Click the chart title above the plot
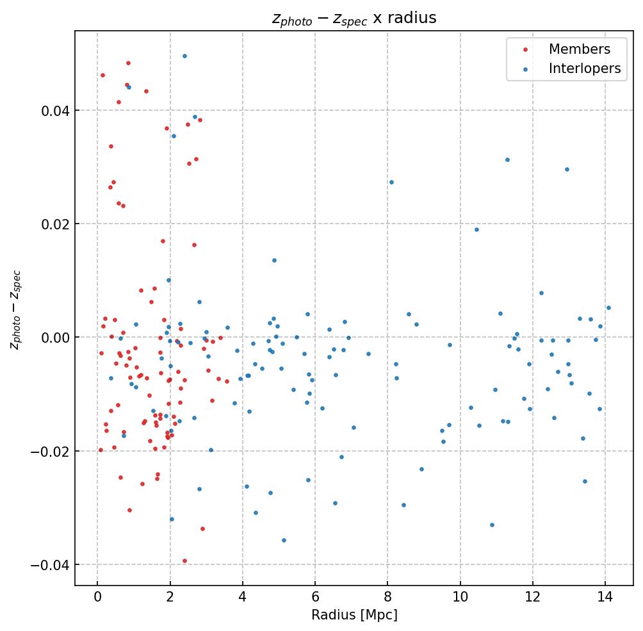pos(354,18)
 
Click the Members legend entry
pos(579,49)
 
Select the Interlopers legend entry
pos(584,69)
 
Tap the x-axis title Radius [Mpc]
pos(354,615)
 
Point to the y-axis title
pos(15,309)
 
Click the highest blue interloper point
pos(184,56)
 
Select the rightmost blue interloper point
pos(608,307)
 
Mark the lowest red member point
pos(184,561)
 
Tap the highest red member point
pos(128,63)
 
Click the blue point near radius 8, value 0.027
pos(391,182)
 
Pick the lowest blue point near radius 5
pos(284,540)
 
